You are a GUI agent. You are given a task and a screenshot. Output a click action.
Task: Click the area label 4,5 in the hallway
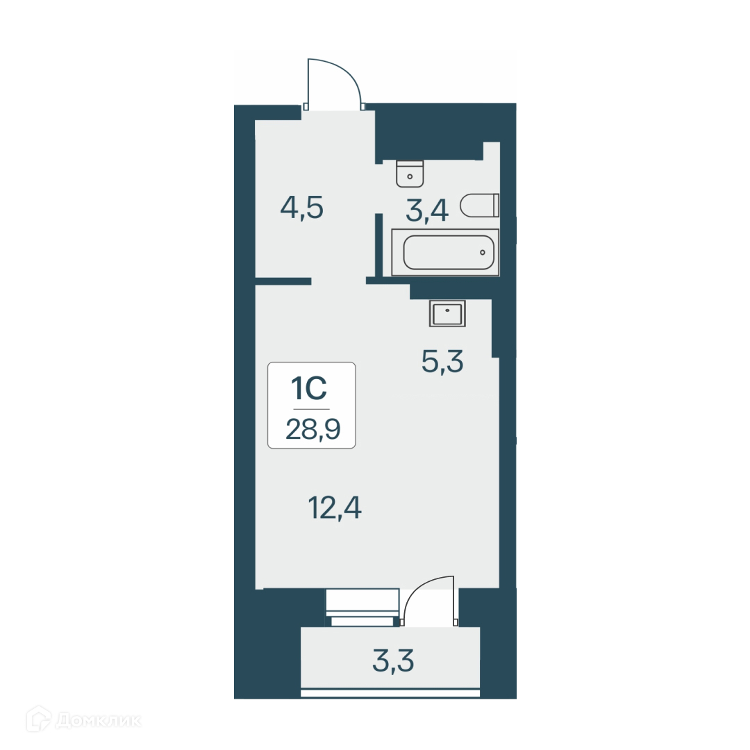coord(302,208)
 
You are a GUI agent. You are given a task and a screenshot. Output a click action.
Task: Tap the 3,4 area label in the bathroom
coord(427,210)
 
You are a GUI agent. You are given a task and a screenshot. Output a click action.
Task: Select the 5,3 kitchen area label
coord(442,361)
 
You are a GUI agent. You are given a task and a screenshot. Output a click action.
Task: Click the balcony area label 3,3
coord(393,662)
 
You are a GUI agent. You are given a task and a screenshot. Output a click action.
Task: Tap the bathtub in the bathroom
coord(445,252)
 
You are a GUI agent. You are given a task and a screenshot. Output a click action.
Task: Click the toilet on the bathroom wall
coord(480,205)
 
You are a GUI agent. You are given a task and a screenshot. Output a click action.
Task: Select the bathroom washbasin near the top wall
coord(410,174)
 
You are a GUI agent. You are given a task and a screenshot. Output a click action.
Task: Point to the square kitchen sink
coord(448,313)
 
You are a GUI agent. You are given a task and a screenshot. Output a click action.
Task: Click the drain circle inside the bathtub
coord(481,252)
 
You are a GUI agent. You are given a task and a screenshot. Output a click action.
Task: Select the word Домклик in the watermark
coord(97,721)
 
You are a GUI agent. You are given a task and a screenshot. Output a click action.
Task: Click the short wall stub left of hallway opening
coord(283,281)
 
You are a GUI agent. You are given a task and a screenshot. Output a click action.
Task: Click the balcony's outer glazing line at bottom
coord(390,692)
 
